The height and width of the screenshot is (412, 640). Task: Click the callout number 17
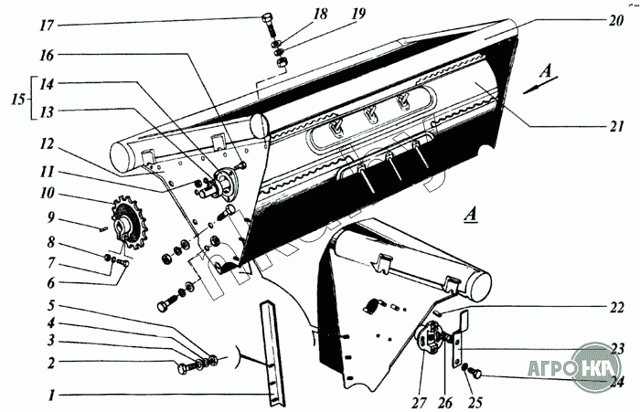coord(47,26)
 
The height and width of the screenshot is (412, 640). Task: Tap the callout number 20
coord(615,20)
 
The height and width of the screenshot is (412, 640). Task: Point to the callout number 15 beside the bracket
coord(17,100)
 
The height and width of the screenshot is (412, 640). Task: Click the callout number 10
coord(47,193)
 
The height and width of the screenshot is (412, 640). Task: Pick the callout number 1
coord(51,395)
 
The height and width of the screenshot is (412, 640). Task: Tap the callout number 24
coord(616,382)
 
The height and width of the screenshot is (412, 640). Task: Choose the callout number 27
coord(419,403)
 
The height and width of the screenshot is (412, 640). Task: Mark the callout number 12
coord(47,144)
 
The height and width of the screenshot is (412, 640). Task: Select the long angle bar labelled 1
coord(272,354)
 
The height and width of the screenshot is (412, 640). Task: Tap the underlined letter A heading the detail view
coord(472,215)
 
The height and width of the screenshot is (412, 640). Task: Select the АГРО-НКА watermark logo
coord(595,366)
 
